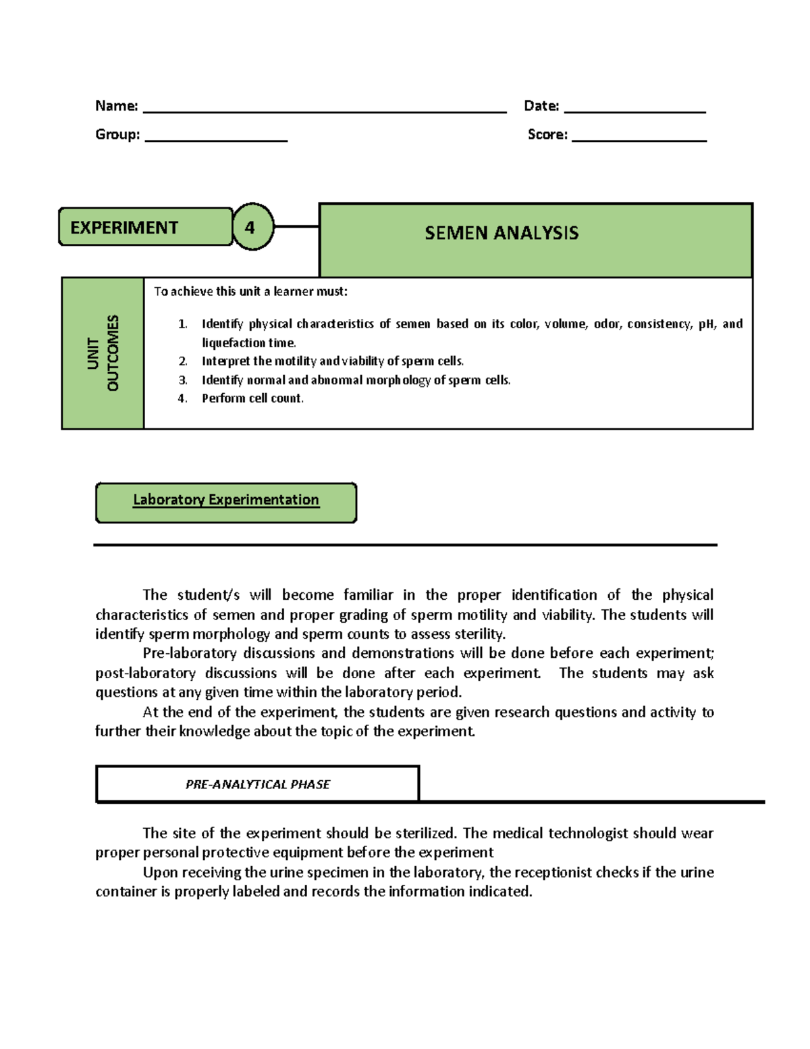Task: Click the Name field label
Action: coord(116,106)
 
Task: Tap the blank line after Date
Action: coord(634,111)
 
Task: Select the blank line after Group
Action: coord(216,139)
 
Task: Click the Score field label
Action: coord(547,134)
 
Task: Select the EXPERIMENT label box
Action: coord(145,227)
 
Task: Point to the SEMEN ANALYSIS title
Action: coord(502,233)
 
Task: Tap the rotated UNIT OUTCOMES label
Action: coord(103,353)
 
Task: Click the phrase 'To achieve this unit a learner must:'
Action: coord(250,291)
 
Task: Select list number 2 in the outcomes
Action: coord(182,361)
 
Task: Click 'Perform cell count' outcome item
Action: coord(252,399)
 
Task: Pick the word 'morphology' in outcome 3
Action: coord(398,380)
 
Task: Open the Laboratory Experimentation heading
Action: coord(225,500)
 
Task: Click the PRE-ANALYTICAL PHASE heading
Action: coord(257,784)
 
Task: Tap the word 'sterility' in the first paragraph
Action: coord(479,634)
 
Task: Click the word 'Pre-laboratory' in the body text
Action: coord(188,653)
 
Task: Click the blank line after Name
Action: coord(324,111)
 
